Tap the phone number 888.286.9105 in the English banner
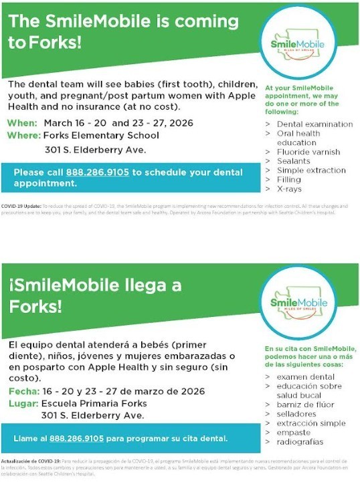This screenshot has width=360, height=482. (97, 172)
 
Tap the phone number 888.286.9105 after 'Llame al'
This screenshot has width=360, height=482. (77, 439)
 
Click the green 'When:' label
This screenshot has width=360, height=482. (23, 123)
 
